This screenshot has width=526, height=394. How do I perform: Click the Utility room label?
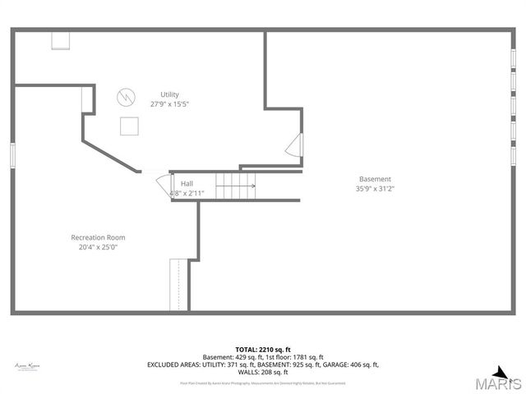click(169, 94)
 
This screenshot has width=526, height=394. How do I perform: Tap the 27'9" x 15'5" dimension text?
click(169, 104)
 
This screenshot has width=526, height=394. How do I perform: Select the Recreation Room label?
click(98, 237)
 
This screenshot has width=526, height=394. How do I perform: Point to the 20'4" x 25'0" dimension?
click(98, 247)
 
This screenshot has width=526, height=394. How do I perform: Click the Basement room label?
click(375, 179)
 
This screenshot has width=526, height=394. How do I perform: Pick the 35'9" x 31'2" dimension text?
click(375, 189)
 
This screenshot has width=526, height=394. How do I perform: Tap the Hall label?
click(187, 184)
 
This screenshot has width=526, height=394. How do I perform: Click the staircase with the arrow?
click(236, 186)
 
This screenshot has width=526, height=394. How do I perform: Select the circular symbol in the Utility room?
click(125, 95)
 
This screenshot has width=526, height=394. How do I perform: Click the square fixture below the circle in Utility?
click(129, 126)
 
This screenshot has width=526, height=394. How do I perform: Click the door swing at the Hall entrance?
click(162, 183)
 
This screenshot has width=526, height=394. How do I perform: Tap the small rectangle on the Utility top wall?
click(61, 40)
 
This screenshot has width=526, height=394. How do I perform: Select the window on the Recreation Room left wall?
click(12, 156)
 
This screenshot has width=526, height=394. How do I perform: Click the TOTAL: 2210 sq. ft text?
click(262, 349)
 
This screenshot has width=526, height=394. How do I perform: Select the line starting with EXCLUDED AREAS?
click(262, 364)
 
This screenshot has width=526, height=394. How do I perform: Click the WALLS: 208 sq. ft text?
click(262, 372)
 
